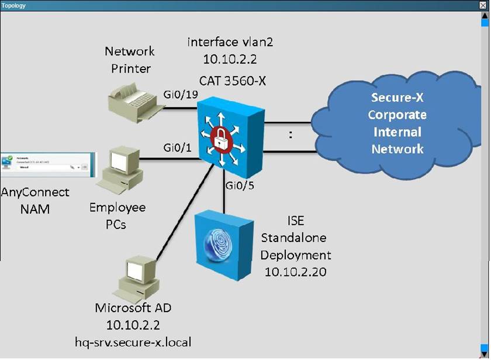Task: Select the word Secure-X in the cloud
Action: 397,97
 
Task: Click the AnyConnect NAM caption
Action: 34,200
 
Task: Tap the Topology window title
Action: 13,5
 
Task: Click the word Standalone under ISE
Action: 294,238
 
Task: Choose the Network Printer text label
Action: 130,60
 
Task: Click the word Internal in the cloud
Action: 397,131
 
